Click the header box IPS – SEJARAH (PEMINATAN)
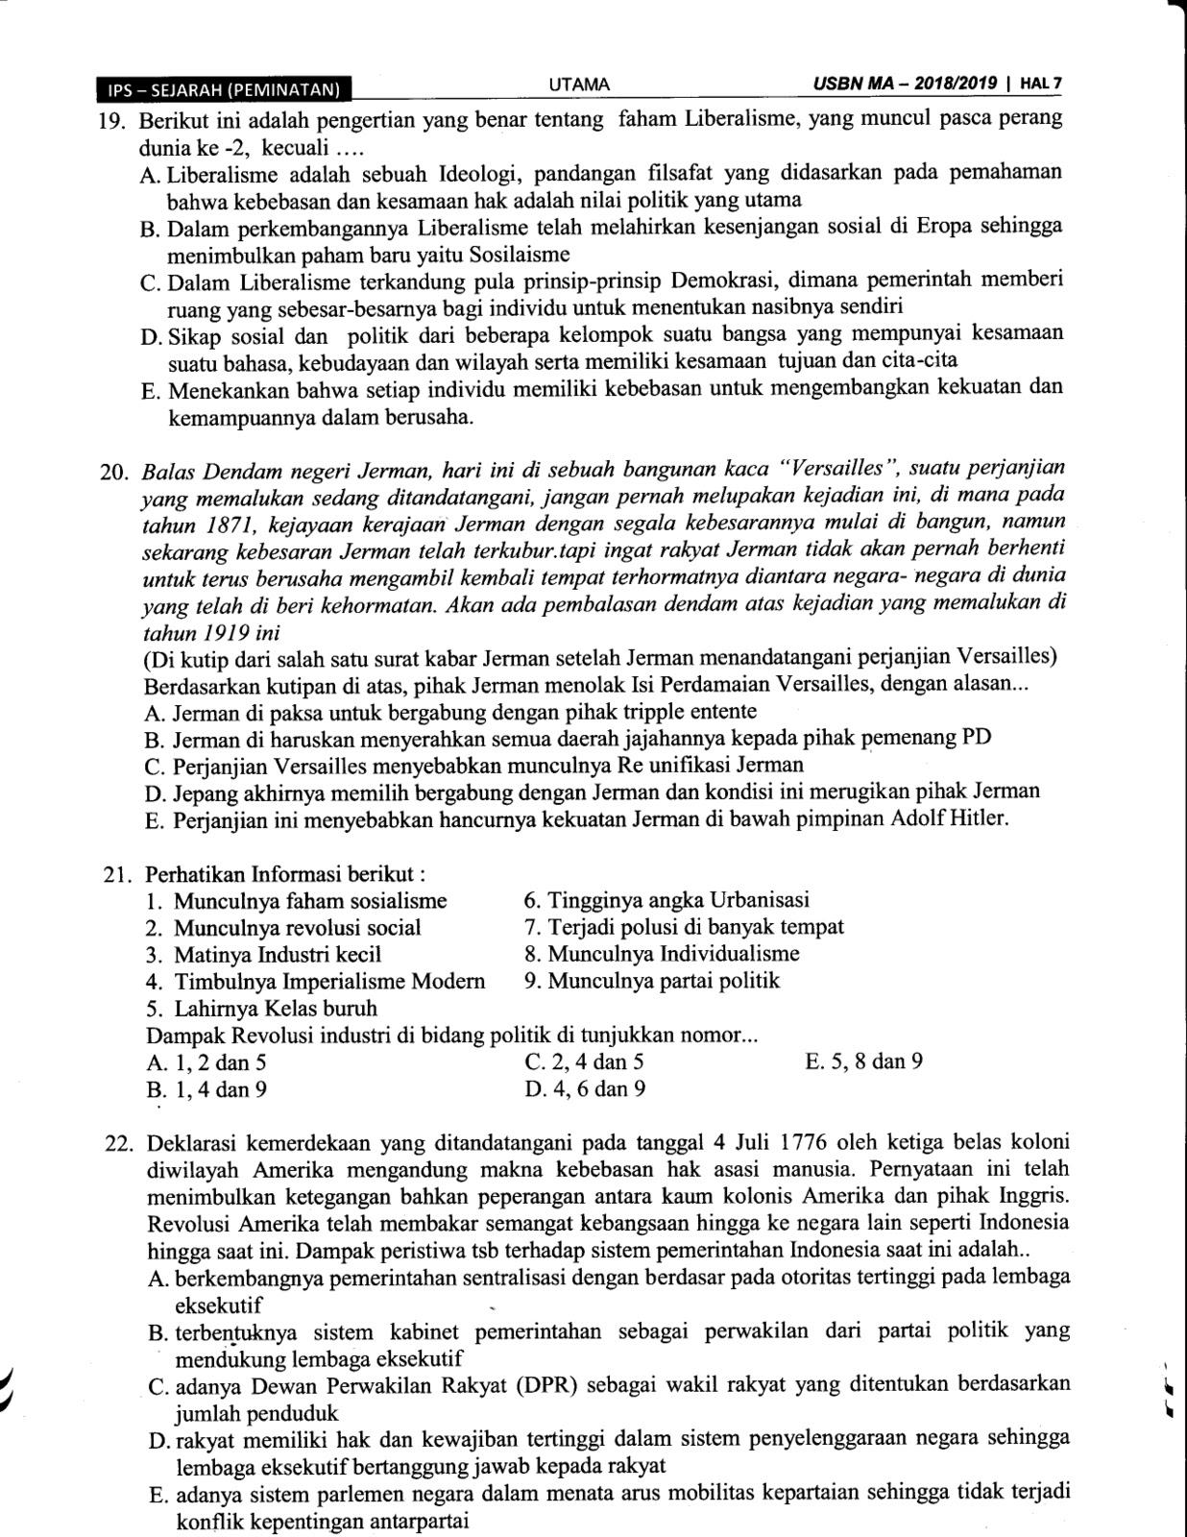224,90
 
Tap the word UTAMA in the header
579,85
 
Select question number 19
113,121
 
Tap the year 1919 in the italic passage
228,633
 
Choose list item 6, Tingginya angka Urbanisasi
666,900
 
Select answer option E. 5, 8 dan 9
864,1062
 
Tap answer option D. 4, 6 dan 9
585,1089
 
